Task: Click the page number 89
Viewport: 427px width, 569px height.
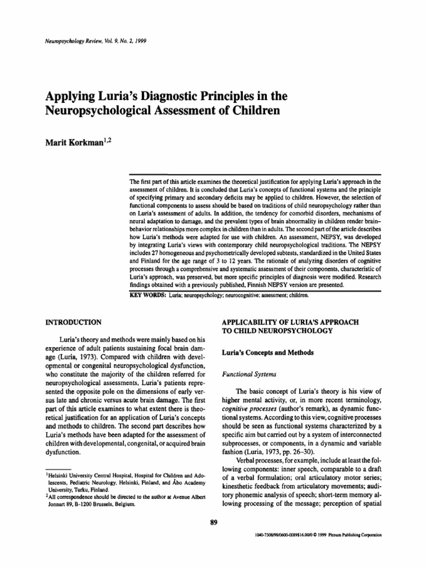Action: coord(213,521)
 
